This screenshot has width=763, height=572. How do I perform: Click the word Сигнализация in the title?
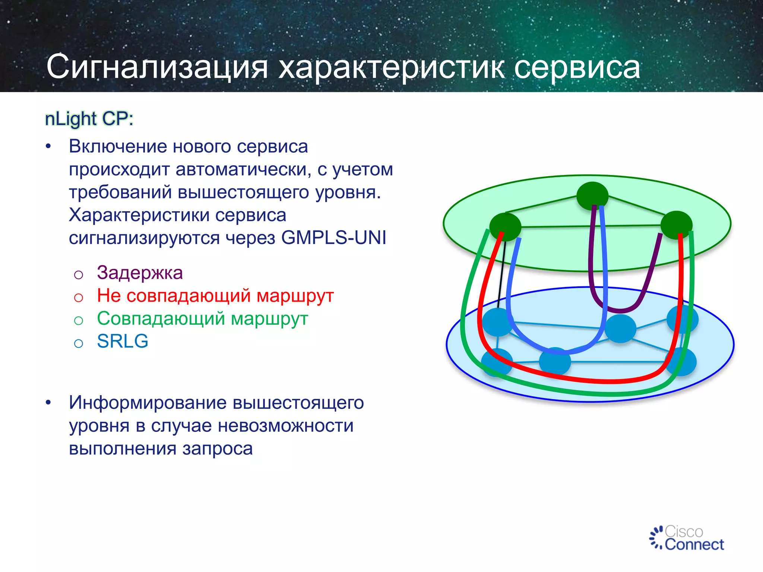point(157,67)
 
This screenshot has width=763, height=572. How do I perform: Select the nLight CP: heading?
point(89,119)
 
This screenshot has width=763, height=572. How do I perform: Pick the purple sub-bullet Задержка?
point(140,273)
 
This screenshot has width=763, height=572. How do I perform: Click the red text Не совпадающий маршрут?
point(215,296)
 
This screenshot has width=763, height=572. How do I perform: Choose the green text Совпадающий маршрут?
point(202,319)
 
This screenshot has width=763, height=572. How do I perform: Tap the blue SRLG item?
point(123,341)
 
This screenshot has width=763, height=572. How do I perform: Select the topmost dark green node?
point(592,195)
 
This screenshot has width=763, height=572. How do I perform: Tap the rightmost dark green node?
point(676,225)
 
